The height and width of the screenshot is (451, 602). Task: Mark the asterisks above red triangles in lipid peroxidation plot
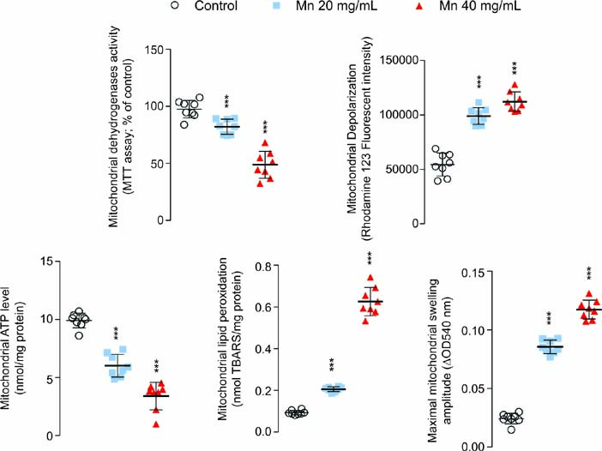[371, 258]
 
